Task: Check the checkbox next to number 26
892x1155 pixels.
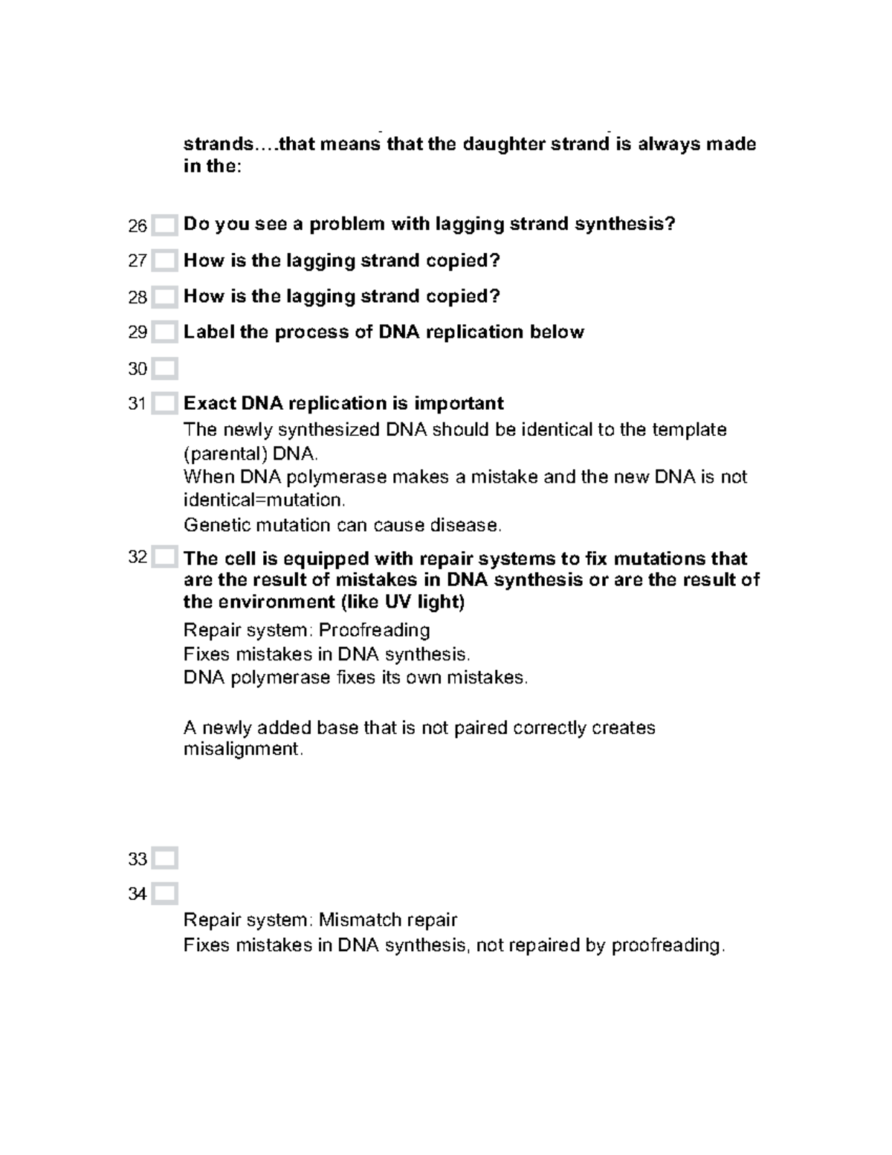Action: [164, 225]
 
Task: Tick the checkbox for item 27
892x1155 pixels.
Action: [164, 261]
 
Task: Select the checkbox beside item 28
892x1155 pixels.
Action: [164, 297]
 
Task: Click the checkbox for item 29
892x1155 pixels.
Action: [164, 332]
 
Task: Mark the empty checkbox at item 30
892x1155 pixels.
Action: [164, 368]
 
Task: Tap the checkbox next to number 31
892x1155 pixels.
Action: [164, 404]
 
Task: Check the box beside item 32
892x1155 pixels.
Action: [164, 557]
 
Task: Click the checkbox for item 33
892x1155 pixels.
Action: [164, 858]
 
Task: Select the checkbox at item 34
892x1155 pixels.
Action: [164, 893]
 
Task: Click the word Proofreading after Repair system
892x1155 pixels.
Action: [374, 631]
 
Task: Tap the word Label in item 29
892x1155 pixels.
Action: [209, 332]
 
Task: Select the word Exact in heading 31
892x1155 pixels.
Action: [210, 403]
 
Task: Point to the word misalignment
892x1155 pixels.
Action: [243, 749]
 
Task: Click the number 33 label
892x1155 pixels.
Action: [138, 859]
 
